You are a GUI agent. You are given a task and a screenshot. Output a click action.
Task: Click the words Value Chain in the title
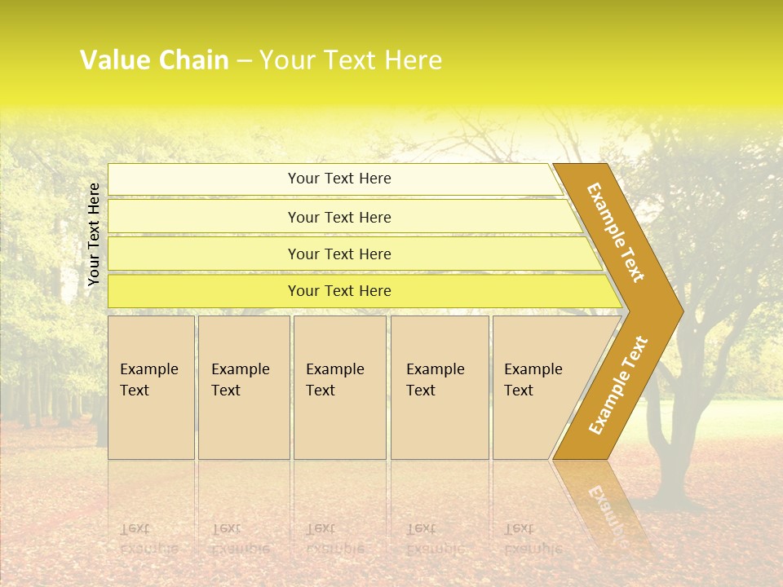click(x=154, y=60)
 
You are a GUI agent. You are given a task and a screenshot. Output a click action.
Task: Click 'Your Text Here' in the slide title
click(x=351, y=60)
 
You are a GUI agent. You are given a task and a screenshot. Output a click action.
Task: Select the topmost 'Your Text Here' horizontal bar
click(x=339, y=179)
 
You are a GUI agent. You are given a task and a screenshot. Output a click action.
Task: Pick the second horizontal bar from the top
click(x=339, y=217)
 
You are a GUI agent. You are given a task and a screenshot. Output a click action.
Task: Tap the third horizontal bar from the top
click(x=339, y=254)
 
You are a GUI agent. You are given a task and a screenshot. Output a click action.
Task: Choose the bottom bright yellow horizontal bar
click(x=339, y=291)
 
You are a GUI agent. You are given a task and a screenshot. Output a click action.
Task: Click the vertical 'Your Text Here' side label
click(x=94, y=234)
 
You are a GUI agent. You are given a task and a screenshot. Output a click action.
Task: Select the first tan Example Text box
click(x=151, y=386)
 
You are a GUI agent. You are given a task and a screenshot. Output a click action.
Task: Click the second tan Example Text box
click(x=243, y=386)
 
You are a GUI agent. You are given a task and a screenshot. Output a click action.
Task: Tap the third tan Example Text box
click(x=338, y=386)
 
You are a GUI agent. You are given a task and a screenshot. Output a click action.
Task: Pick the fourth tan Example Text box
click(x=439, y=386)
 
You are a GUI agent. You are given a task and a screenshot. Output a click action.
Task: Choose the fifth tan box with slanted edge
click(x=538, y=386)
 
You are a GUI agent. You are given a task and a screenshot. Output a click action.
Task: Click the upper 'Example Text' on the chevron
click(x=617, y=232)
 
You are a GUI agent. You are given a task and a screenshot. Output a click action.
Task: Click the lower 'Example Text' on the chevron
click(x=617, y=385)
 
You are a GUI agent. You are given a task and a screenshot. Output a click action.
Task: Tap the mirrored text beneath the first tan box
click(x=148, y=539)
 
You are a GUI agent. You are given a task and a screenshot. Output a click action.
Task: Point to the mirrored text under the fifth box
click(x=533, y=539)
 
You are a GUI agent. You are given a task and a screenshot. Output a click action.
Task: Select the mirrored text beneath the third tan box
click(x=334, y=539)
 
